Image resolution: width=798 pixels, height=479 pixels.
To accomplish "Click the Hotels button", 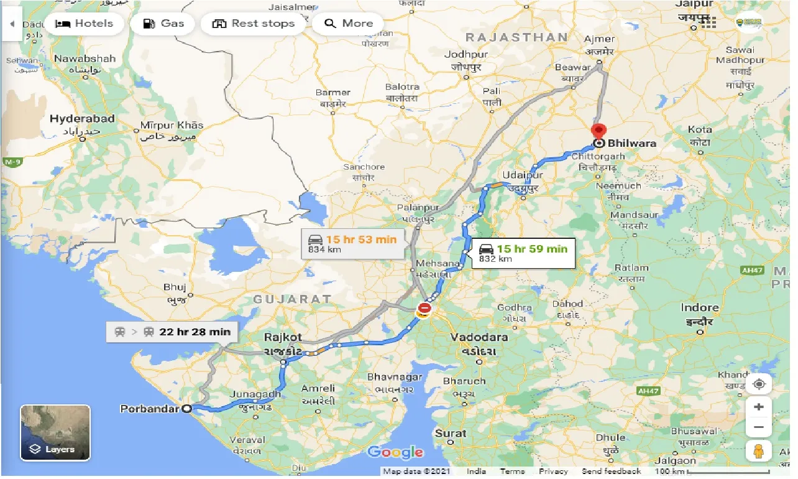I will click(84, 24).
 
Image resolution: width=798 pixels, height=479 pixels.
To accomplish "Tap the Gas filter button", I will click(163, 24).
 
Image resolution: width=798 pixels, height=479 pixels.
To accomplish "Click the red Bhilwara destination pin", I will click(598, 132).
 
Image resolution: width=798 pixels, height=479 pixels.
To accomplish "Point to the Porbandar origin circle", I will click(186, 409).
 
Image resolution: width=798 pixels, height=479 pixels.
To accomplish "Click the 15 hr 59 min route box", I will click(523, 253).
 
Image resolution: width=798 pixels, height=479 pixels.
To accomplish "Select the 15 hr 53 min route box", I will click(352, 243).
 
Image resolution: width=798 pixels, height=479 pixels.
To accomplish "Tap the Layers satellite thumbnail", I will click(55, 432).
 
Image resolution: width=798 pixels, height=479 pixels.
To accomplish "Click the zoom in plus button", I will click(758, 407).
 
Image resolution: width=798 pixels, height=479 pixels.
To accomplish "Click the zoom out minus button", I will click(758, 427).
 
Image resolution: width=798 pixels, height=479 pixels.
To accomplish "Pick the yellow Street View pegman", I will click(758, 451).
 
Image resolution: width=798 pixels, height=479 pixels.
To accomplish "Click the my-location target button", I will click(758, 384).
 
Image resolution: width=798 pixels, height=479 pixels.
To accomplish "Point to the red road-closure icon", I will click(424, 308).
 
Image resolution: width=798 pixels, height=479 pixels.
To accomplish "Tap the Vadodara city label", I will click(479, 337).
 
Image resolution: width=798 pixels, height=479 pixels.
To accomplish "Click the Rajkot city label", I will click(283, 337).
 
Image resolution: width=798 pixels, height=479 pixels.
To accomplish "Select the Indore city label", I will click(699, 308).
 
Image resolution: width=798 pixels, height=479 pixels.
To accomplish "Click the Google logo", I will click(395, 452).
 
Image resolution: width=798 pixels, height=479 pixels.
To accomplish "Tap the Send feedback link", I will click(612, 472).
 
